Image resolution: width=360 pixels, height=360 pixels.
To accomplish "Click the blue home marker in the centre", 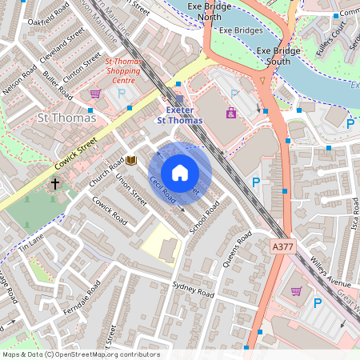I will click(x=180, y=173).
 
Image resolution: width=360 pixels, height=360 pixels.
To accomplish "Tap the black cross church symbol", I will click(x=55, y=184).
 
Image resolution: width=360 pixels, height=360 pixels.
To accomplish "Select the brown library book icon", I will click(x=131, y=161).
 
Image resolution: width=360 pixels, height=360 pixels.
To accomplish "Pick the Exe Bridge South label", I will click(x=279, y=56).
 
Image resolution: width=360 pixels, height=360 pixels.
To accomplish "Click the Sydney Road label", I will click(x=194, y=290).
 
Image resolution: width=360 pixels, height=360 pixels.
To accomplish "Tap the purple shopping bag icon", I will click(x=231, y=113).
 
